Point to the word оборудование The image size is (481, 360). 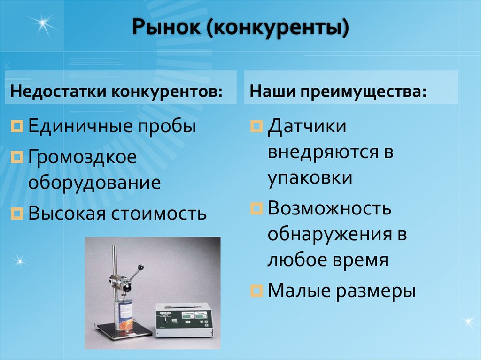94,182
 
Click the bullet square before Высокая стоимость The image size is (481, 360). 17,214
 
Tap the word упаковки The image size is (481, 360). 310,178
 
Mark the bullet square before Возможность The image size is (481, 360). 256,208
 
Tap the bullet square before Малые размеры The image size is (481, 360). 256,291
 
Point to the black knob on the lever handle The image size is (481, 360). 140,268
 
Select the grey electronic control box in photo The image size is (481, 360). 184,320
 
